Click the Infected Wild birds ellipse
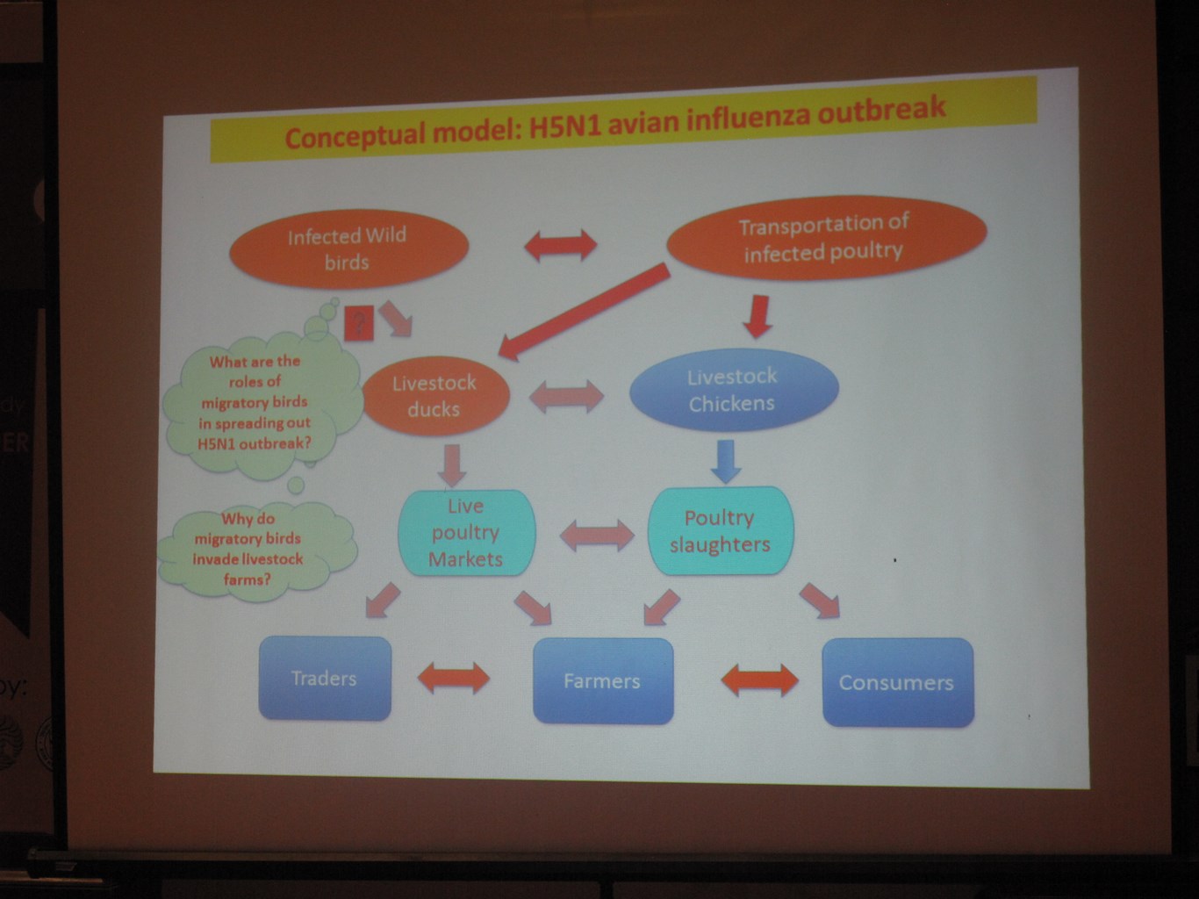(349, 249)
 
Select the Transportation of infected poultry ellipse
(827, 238)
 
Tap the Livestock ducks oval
(435, 396)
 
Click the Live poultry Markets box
(466, 533)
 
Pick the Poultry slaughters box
(721, 531)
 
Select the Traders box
(325, 679)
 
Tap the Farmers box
(603, 681)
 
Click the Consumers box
(898, 682)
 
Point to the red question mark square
(359, 323)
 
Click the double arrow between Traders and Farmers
(454, 679)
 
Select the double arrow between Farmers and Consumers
(760, 680)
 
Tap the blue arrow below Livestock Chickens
(726, 462)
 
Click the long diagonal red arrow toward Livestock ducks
(584, 312)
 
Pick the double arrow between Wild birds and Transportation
(561, 246)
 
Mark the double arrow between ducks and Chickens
(566, 397)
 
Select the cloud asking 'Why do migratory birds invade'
(256, 550)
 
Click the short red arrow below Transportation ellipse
(757, 317)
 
